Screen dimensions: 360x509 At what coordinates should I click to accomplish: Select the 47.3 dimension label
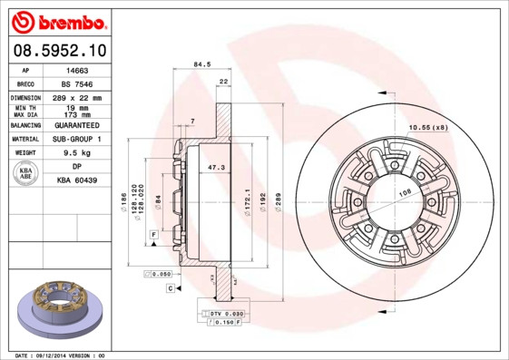(x=216, y=168)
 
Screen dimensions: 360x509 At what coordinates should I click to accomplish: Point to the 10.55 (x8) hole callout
(x=429, y=126)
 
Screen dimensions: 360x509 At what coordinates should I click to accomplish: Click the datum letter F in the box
(x=154, y=235)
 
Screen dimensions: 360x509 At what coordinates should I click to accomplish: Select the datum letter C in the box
(x=170, y=287)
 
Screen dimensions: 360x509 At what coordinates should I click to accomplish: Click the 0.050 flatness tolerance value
(x=162, y=273)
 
